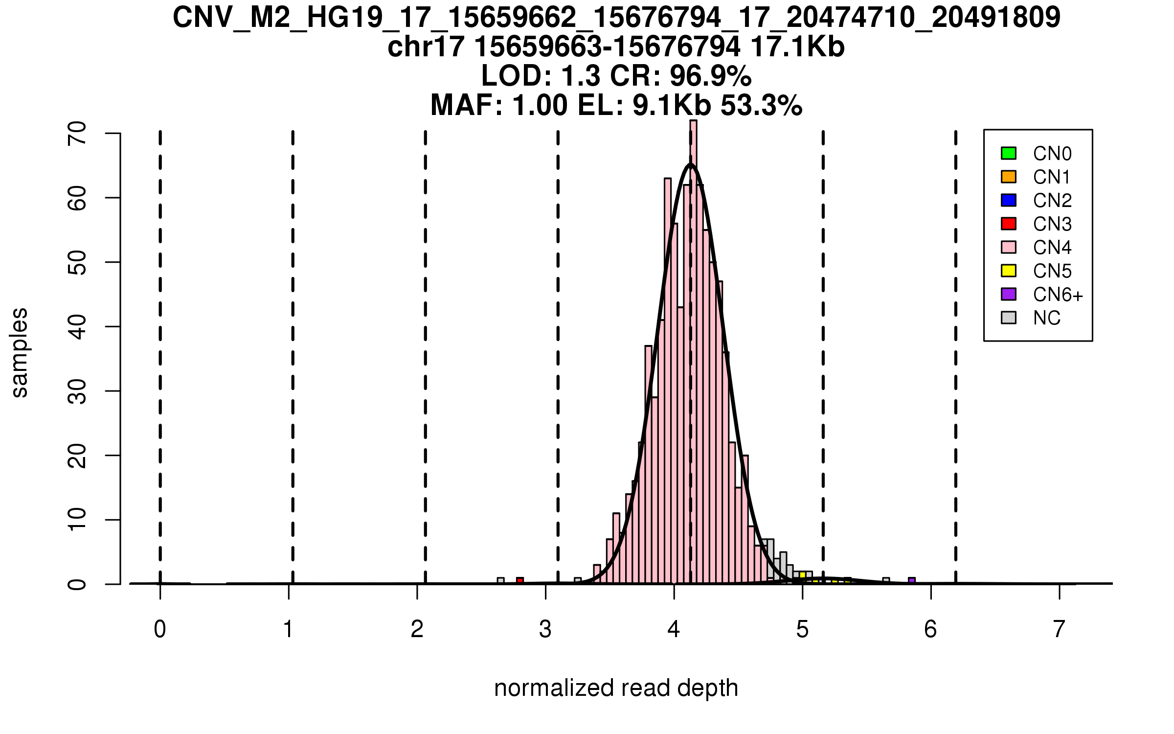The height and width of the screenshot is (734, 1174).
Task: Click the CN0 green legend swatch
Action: (x=1008, y=153)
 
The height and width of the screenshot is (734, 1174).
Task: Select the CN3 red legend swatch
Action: (x=1008, y=224)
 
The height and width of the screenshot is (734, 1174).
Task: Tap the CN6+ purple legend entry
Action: (x=1008, y=294)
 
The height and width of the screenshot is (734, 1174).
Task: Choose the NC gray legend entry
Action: (x=1008, y=318)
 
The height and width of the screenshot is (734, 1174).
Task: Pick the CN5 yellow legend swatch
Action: (x=1008, y=271)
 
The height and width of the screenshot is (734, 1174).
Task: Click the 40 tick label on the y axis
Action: (x=77, y=326)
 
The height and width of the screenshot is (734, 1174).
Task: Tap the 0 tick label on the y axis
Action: (x=77, y=584)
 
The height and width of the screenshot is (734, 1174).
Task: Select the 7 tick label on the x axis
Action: (x=1059, y=629)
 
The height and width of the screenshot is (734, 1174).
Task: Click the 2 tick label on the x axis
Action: (x=417, y=629)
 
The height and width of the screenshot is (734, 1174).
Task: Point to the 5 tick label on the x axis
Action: (x=802, y=629)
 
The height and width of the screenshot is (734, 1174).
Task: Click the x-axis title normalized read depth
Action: (x=616, y=688)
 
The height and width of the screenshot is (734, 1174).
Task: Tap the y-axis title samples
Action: (x=20, y=352)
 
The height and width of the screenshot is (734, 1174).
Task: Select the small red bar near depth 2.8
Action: (x=520, y=581)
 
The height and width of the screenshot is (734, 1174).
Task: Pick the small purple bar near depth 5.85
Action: (x=912, y=581)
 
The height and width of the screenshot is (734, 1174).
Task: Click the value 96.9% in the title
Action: (x=710, y=76)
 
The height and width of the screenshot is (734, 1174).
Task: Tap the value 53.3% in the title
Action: (x=761, y=105)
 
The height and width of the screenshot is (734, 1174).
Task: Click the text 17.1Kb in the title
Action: (x=797, y=47)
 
